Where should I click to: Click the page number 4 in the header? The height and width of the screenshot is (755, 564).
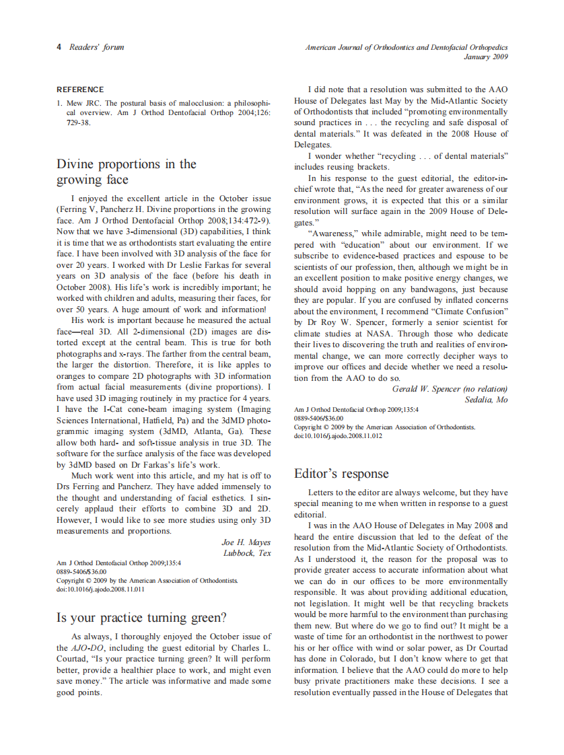click(59, 47)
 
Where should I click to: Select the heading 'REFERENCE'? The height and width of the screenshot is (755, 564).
click(80, 89)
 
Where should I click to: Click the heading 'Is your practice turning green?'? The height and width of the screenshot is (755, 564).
click(141, 618)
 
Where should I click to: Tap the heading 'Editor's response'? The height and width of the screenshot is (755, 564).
click(342, 474)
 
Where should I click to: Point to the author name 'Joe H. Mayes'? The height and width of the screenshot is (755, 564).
click(246, 542)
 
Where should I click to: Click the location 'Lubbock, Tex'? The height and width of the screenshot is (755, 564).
click(247, 553)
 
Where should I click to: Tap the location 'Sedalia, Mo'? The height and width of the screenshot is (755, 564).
click(486, 400)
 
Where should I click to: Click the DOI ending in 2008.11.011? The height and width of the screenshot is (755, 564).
click(100, 589)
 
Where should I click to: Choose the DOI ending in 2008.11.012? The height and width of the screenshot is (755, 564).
click(339, 436)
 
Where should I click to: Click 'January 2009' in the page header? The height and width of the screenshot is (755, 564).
click(486, 57)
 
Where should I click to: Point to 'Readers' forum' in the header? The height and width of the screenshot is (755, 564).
click(97, 47)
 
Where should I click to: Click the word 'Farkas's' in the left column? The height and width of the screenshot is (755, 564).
click(178, 464)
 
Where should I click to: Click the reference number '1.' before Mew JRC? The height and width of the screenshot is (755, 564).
click(60, 103)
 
